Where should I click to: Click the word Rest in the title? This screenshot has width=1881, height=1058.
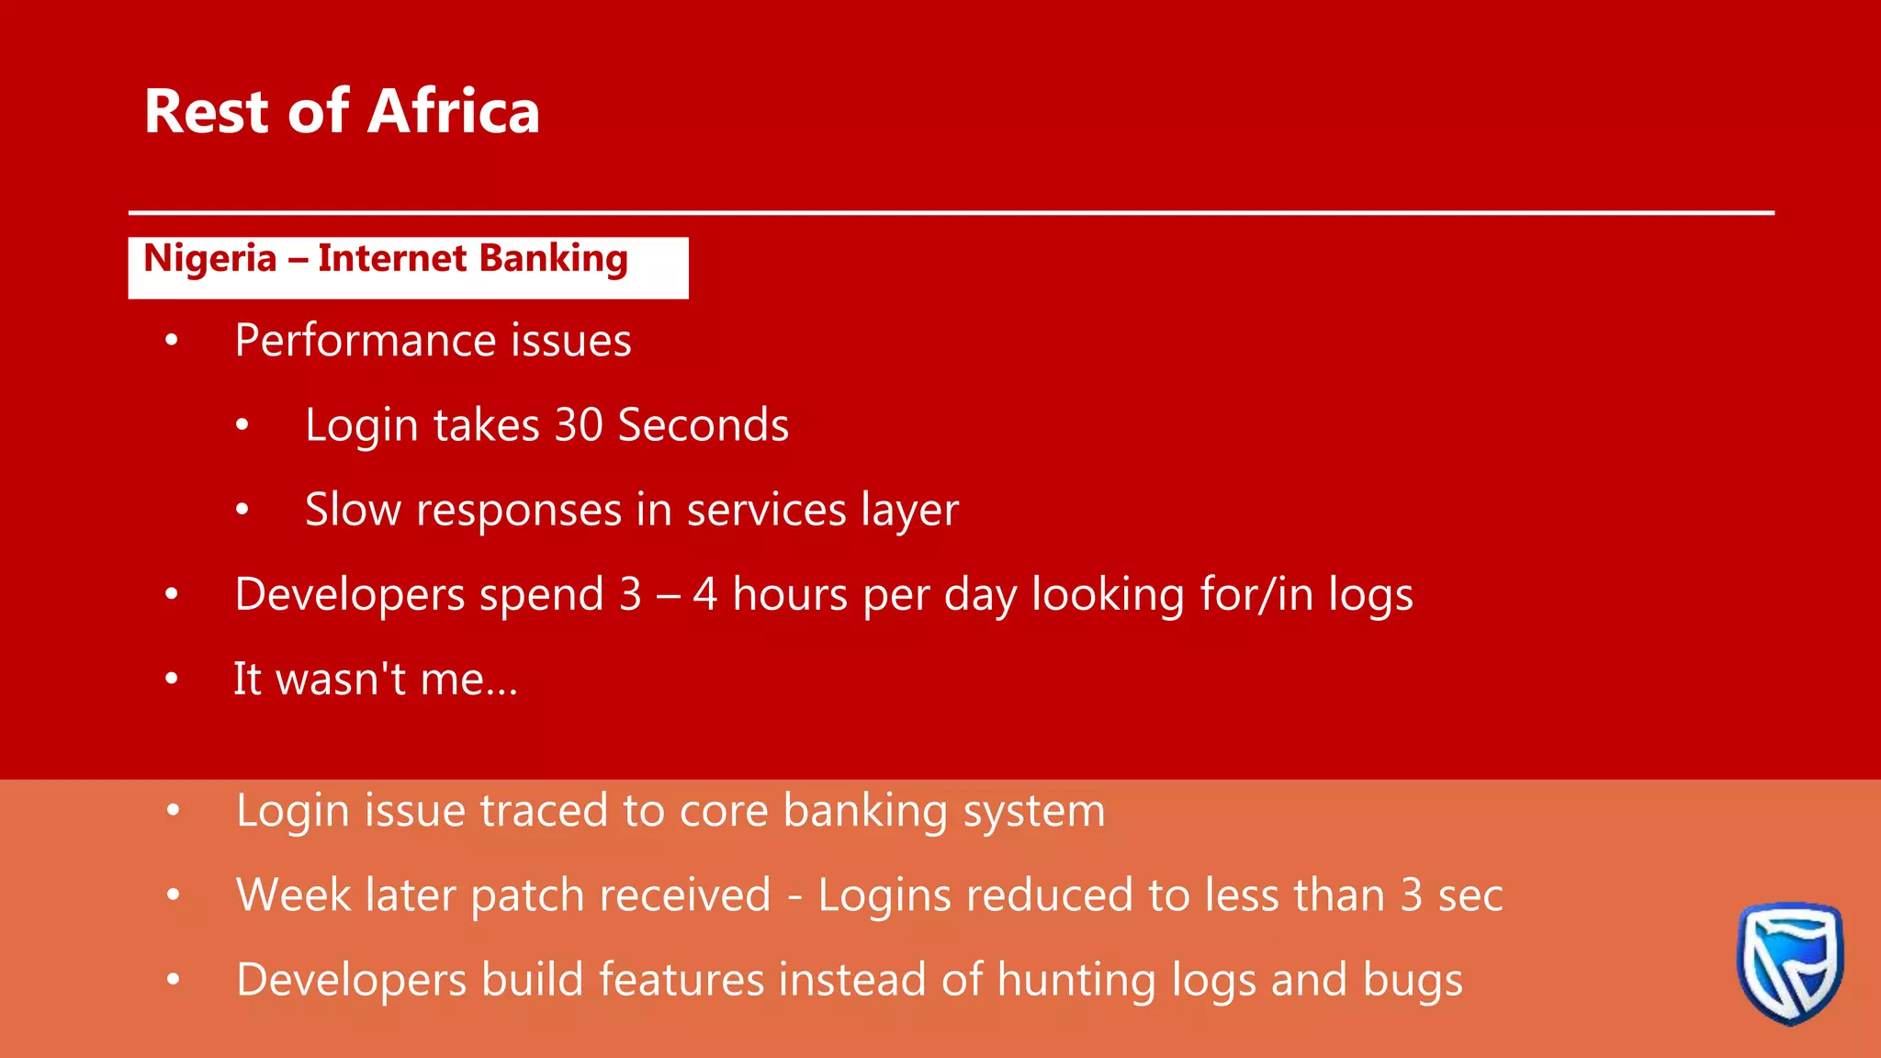point(207,112)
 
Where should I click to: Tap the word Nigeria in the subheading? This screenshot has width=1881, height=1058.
point(210,259)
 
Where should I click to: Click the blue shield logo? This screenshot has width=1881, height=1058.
point(1789,962)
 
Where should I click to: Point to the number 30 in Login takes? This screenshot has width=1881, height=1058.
point(578,425)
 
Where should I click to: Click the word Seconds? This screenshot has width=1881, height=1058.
point(703,425)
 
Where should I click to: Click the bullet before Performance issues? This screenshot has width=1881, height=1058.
point(172,342)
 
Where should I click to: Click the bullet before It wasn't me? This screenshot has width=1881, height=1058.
point(172,680)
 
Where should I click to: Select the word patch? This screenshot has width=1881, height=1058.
point(527,896)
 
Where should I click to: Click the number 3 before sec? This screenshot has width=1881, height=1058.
point(1412,895)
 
